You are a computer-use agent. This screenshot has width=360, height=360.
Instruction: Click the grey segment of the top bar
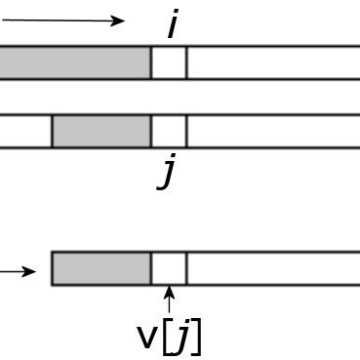[74, 62]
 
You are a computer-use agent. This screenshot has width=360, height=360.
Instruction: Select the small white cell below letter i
[168, 62]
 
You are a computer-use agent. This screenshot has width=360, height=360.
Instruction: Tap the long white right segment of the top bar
[273, 62]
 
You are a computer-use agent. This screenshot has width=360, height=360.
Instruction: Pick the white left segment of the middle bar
[25, 132]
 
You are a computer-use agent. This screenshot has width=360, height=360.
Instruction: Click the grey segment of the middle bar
[101, 132]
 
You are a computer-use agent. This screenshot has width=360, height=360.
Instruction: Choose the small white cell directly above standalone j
[168, 132]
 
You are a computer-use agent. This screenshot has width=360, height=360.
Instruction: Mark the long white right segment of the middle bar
[273, 132]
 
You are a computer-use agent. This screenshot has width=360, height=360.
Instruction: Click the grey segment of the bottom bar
[101, 268]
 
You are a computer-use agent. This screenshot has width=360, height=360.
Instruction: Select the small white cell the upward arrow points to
[168, 268]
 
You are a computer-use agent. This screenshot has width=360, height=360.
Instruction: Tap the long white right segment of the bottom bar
[273, 268]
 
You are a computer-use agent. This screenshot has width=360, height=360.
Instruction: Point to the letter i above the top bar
[172, 23]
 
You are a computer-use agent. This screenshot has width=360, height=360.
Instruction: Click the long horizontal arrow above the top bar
[59, 20]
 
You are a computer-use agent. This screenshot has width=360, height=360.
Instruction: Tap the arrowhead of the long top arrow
[119, 20]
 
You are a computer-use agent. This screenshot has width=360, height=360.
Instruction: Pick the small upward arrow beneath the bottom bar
[169, 299]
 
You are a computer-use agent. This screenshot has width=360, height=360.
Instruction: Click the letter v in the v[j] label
[146, 338]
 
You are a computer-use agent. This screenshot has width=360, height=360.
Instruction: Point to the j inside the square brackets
[183, 338]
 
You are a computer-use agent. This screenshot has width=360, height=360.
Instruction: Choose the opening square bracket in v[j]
[167, 338]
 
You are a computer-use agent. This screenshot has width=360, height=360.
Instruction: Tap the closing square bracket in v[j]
[197, 338]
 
